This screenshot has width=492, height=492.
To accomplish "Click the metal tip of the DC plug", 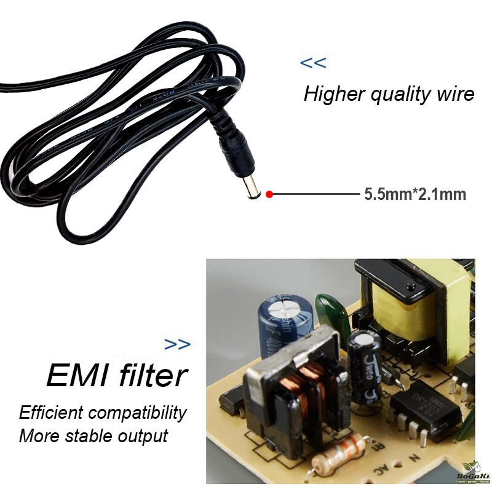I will [251, 188].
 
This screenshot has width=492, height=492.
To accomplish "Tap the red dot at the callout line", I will [269, 194].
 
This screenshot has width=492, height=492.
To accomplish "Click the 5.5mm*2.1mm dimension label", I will [415, 194].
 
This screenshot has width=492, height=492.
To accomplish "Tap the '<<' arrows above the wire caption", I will [312, 63].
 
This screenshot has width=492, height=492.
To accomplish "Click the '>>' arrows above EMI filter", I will [178, 344].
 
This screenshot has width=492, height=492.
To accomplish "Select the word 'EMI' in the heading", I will [74, 375].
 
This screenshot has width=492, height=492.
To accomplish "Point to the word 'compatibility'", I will [136, 411].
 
